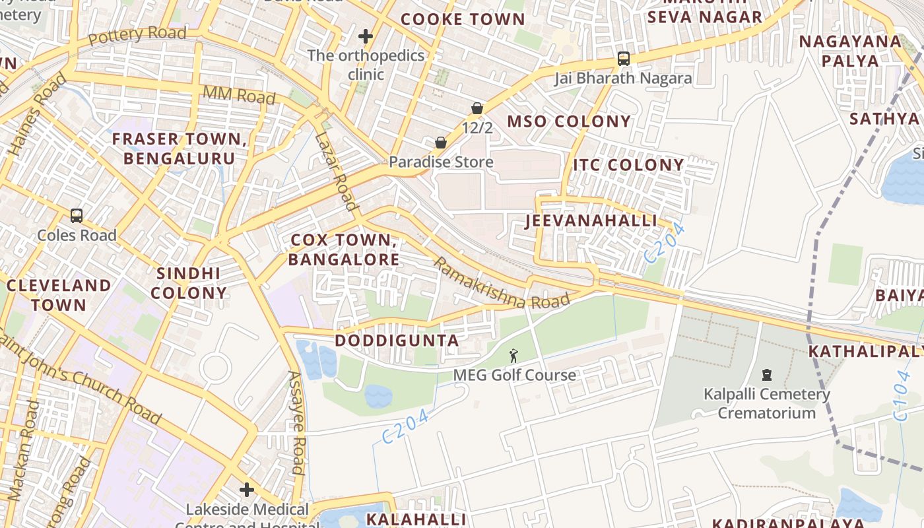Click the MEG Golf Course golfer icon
[x=513, y=356]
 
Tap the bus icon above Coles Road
[x=77, y=216]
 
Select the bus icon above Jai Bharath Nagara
[x=623, y=59]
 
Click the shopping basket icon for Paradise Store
[x=440, y=143]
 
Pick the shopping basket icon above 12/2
[x=477, y=108]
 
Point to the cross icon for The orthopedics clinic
[x=366, y=36]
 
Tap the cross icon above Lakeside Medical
[x=247, y=490]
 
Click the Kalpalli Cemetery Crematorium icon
[x=766, y=375]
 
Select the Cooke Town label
[x=463, y=19]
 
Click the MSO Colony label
[x=569, y=121]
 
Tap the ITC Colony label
[x=628, y=164]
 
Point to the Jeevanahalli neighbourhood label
[x=591, y=220]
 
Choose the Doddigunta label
[x=397, y=341]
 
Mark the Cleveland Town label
[x=59, y=295]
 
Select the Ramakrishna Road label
[x=501, y=282]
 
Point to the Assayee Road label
[x=296, y=423]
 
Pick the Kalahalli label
[x=416, y=519]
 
